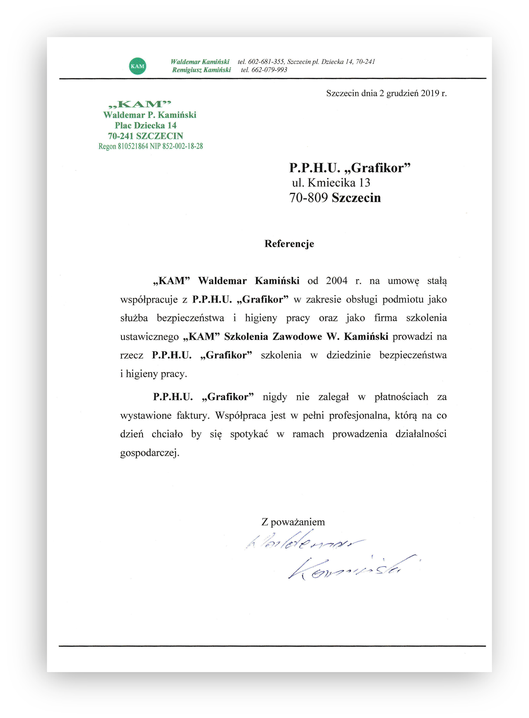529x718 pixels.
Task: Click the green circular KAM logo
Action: pyautogui.click(x=138, y=66)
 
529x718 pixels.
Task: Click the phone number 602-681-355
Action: pyautogui.click(x=266, y=62)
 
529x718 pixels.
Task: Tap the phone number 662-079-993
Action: pyautogui.click(x=269, y=70)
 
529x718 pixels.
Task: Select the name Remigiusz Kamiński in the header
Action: pyautogui.click(x=201, y=70)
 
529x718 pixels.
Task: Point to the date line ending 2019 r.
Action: pyautogui.click(x=386, y=93)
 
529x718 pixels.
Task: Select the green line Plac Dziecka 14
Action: pyautogui.click(x=146, y=126)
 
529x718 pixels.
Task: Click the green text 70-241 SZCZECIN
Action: pyautogui.click(x=145, y=136)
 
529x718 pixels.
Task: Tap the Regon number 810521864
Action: pyautogui.click(x=133, y=146)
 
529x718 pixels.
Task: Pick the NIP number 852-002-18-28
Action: pyautogui.click(x=182, y=146)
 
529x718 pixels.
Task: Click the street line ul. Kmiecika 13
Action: pyautogui.click(x=331, y=183)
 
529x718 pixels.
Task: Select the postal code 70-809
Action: pyautogui.click(x=308, y=198)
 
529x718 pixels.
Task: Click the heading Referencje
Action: pyautogui.click(x=289, y=244)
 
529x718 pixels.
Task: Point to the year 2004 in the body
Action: pyautogui.click(x=337, y=281)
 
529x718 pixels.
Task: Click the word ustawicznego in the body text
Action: pyautogui.click(x=149, y=337)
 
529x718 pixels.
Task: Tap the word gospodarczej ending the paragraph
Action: pyautogui.click(x=149, y=453)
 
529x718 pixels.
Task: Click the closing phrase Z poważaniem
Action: pyautogui.click(x=293, y=522)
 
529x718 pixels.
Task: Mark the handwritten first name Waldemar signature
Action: pyautogui.click(x=301, y=542)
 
